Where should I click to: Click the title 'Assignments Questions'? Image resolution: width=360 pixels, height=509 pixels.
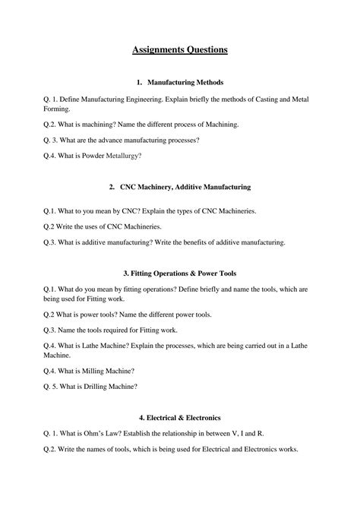tap(179, 50)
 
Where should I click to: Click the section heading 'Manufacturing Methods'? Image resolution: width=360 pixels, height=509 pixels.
tap(185, 82)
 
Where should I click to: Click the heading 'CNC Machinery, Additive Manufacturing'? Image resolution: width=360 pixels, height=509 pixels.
tap(185, 187)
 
